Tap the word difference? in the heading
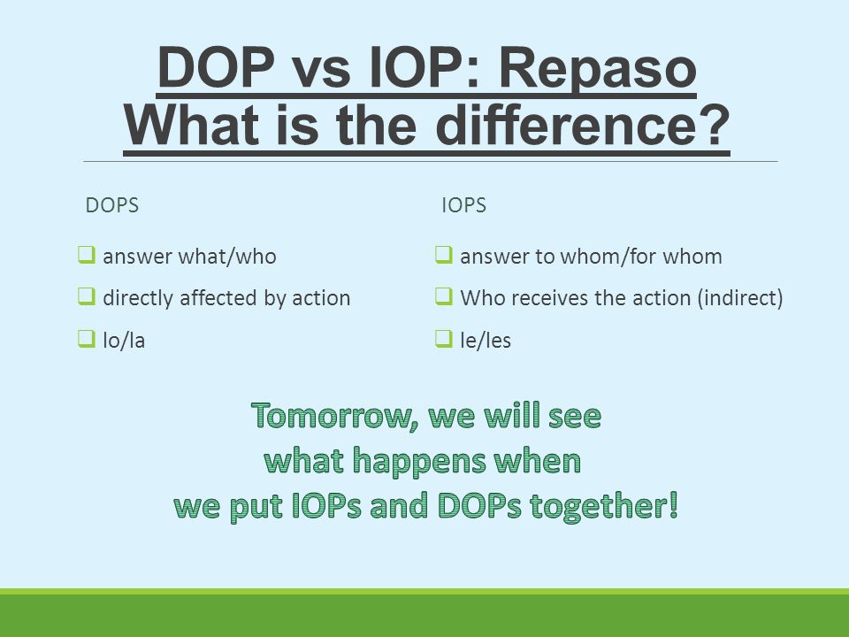[x=583, y=125]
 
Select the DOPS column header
[x=112, y=205]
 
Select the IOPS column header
[x=464, y=205]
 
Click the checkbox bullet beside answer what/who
[x=87, y=254]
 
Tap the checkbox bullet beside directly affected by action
[x=87, y=295]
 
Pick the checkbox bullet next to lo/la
[x=87, y=339]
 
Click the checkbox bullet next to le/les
[x=444, y=339]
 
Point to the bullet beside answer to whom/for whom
[x=444, y=254]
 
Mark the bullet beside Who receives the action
[x=444, y=295]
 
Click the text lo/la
[x=124, y=341]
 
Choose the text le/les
[x=486, y=341]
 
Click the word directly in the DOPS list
[x=139, y=299]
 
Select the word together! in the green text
[x=604, y=506]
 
